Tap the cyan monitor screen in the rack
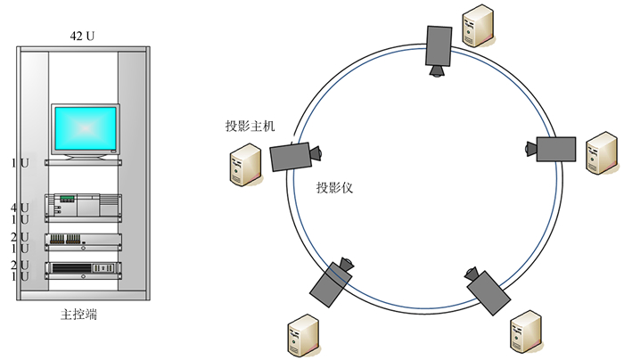click(x=85, y=130)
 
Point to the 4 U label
click(x=20, y=208)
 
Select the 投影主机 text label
click(x=250, y=126)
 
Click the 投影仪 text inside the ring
click(x=335, y=189)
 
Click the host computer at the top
click(x=474, y=26)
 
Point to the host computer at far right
click(x=601, y=153)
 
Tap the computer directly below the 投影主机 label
click(x=245, y=166)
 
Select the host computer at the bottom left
click(x=300, y=335)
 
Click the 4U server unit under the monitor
click(x=84, y=203)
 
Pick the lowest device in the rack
click(x=84, y=268)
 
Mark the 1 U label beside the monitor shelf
click(x=20, y=163)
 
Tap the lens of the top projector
click(x=436, y=71)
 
